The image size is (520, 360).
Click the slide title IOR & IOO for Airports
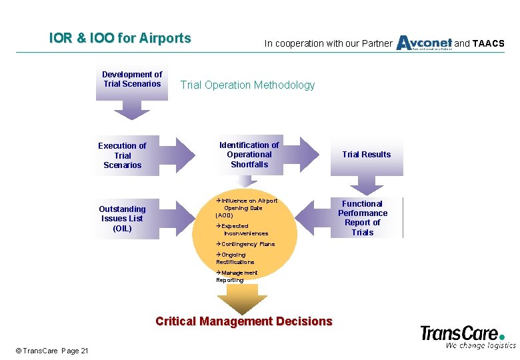(120, 39)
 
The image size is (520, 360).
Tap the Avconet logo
(424, 43)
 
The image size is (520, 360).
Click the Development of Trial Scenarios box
(132, 79)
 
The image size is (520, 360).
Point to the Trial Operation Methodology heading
(247, 85)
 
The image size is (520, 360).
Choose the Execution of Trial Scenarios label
(122, 155)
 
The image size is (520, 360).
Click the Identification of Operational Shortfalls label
(249, 155)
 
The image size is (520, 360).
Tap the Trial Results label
(367, 155)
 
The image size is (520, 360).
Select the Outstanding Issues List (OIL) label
(122, 219)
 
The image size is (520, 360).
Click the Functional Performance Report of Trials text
(363, 218)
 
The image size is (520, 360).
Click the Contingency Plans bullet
(245, 245)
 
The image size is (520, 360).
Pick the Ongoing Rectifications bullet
(235, 259)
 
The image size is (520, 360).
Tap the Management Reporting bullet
(237, 277)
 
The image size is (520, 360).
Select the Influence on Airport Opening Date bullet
(246, 207)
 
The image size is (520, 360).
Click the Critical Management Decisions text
(243, 321)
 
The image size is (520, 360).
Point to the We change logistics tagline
(480, 345)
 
